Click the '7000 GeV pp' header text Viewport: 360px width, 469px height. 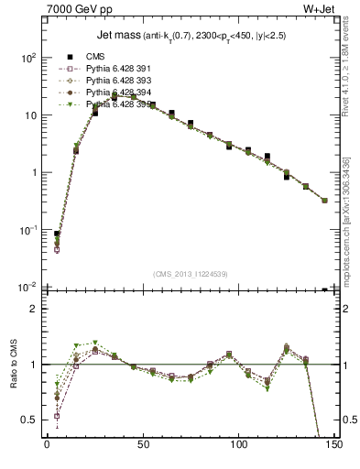[75, 9]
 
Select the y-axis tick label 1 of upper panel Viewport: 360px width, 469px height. [34, 172]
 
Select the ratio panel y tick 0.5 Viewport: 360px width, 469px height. [30, 420]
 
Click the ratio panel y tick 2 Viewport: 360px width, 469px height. [36, 310]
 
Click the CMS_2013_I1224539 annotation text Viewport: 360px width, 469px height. [191, 274]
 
